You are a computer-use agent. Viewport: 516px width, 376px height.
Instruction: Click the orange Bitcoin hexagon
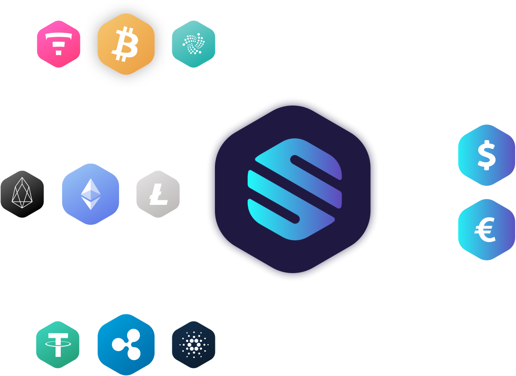[126, 44]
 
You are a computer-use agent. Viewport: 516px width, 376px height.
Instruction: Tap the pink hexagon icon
[59, 44]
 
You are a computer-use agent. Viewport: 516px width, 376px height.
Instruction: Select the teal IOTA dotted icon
[193, 44]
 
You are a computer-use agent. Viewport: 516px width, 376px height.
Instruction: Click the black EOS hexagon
[22, 194]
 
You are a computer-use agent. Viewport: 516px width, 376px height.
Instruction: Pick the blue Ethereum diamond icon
[91, 194]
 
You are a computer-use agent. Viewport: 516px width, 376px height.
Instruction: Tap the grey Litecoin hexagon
[158, 194]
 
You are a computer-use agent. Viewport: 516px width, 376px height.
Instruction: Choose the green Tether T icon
[58, 345]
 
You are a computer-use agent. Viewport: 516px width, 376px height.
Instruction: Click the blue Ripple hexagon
[126, 345]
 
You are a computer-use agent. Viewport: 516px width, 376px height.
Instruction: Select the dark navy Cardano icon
[193, 345]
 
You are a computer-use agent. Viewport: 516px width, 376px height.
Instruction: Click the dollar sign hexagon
[486, 155]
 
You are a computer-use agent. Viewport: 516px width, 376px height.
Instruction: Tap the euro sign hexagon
[486, 230]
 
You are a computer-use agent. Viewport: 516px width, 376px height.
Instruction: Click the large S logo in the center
[293, 189]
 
